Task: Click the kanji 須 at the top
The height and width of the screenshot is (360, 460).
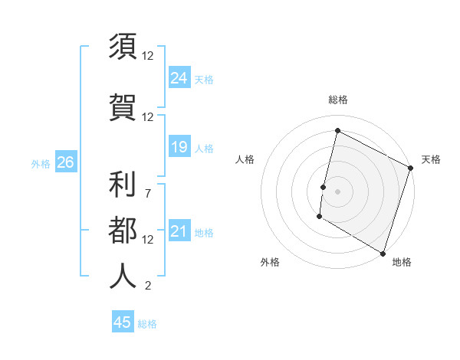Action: point(123,47)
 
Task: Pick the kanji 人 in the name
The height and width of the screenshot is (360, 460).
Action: point(123,275)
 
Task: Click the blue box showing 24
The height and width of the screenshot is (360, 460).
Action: point(179,78)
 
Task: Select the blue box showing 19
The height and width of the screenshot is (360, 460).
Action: point(179,147)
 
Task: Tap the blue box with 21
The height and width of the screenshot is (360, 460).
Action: point(179,231)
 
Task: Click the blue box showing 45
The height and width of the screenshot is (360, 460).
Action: point(123,322)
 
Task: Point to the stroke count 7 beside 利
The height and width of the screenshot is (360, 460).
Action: point(147,192)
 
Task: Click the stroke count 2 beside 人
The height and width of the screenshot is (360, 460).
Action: point(147,286)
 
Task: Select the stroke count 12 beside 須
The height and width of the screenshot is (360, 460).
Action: point(148,55)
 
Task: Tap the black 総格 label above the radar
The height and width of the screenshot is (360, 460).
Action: point(338,100)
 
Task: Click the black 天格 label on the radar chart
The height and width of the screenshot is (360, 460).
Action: point(431,159)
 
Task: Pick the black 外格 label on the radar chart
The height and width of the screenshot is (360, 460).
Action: point(270,263)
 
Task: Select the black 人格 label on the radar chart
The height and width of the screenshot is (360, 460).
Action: point(245,159)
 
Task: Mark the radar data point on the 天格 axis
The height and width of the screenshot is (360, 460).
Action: point(411,168)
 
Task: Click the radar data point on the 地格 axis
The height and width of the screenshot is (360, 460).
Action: point(383,253)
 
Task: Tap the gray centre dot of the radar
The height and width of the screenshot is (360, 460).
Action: point(338,191)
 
